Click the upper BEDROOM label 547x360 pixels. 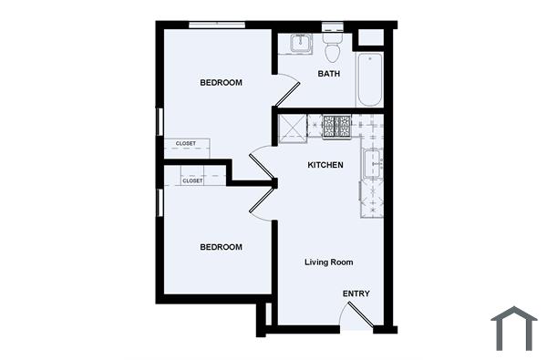222,84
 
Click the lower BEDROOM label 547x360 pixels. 222,247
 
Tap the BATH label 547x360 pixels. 329,74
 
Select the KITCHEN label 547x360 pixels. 325,165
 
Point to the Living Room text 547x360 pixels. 328,262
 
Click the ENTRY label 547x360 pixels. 356,293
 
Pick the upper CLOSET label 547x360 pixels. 186,143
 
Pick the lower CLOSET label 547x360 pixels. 192,180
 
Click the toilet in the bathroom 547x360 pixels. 331,41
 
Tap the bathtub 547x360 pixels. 369,80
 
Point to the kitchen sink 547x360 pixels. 372,165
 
